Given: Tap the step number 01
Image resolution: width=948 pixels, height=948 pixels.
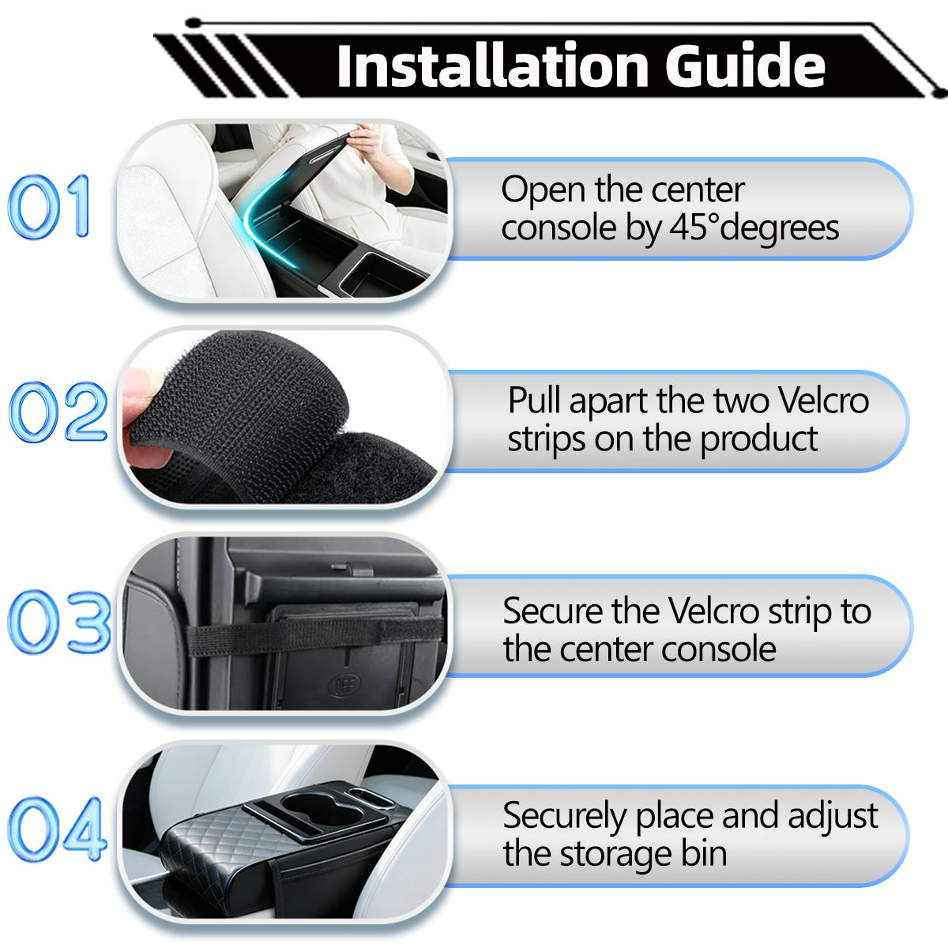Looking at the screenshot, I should (x=49, y=208).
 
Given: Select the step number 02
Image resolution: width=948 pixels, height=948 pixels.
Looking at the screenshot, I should (x=57, y=412).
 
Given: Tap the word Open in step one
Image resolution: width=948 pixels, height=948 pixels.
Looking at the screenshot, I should (x=538, y=190).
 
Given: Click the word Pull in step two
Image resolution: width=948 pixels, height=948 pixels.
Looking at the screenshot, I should (x=535, y=401).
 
